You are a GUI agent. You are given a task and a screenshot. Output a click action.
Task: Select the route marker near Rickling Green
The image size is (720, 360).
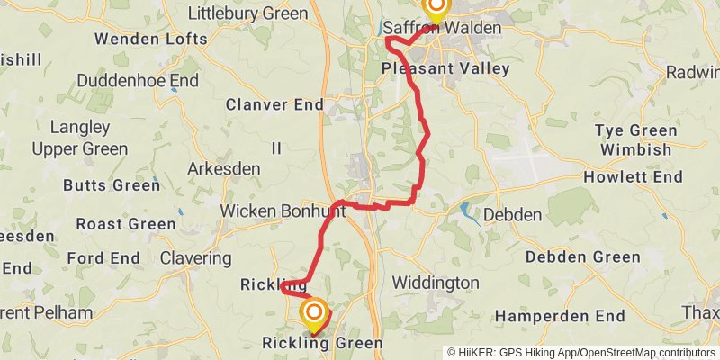[314, 315]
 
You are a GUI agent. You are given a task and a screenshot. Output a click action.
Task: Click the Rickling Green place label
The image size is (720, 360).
[322, 343]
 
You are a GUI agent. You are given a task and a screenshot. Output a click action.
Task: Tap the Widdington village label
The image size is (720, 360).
[436, 283]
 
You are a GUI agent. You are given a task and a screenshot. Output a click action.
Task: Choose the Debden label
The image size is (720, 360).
[513, 215]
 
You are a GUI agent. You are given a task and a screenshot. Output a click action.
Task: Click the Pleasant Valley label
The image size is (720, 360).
[445, 68]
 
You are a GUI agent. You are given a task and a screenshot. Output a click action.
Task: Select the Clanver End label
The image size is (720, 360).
[274, 104]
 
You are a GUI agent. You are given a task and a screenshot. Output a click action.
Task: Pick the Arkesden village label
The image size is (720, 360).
[224, 168]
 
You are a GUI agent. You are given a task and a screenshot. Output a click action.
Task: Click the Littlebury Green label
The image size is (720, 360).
[247, 13]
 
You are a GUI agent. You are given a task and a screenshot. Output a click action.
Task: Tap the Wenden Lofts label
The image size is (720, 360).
[151, 39]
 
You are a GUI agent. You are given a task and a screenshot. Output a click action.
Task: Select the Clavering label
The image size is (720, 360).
[195, 258]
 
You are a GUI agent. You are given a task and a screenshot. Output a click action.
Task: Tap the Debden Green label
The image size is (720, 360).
[582, 257]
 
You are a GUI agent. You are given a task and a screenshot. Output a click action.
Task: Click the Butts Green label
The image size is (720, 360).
[111, 185]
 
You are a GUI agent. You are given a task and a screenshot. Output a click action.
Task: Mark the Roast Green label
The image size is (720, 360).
[126, 224]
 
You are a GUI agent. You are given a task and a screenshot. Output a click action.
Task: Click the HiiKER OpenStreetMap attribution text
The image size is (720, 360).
[581, 352]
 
